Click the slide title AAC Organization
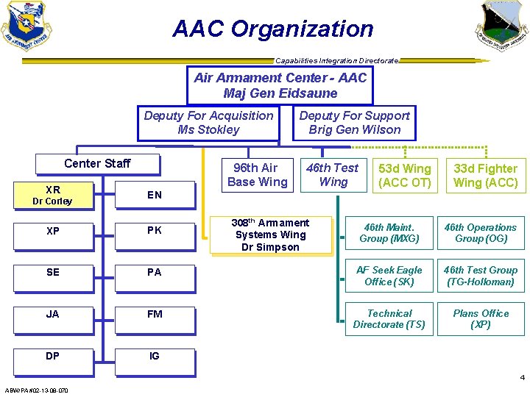273,29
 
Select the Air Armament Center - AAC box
280,86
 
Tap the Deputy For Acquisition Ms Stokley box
208,123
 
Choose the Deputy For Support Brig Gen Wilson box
354,123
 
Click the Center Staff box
97,163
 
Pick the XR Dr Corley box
52,196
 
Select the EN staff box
154,196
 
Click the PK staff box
154,231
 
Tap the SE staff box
52,273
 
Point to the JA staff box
52,315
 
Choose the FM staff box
154,315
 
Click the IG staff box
154,357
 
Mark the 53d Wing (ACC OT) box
404,176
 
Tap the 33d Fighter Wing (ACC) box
485,176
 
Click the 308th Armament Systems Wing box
270,235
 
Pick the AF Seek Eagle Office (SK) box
389,276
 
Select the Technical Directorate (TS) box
389,319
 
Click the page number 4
522,378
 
